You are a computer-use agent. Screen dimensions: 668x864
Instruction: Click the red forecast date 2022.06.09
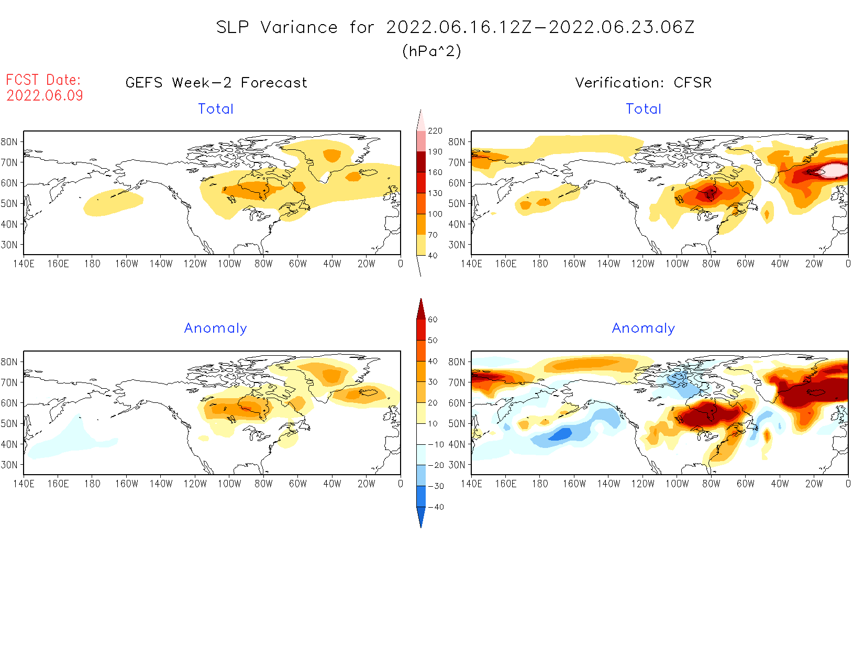point(45,95)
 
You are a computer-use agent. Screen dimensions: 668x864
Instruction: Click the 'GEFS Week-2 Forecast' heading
point(216,83)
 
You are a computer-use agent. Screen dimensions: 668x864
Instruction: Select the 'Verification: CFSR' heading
point(643,83)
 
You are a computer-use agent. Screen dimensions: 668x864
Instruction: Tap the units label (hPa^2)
point(431,51)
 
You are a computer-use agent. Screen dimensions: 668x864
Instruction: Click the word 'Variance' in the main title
point(299,27)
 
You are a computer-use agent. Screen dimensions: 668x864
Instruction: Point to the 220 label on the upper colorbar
point(435,130)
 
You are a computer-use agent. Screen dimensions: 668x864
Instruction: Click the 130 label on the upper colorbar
point(435,193)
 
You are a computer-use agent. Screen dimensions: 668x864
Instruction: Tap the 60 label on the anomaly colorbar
point(433,319)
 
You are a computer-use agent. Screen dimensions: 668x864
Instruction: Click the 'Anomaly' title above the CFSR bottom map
point(643,328)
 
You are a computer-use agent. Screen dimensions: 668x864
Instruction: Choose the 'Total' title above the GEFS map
point(215,109)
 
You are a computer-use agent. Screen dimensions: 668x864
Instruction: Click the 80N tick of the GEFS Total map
point(9,141)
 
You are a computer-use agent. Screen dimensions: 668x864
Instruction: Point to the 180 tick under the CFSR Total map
point(540,264)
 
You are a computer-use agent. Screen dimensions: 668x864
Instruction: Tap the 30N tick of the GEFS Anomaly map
point(9,465)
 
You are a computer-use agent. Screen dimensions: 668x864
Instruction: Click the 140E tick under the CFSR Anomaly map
point(471,484)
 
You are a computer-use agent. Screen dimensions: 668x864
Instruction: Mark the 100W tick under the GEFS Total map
point(229,264)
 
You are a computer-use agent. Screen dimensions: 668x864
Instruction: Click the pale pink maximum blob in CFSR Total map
point(834,170)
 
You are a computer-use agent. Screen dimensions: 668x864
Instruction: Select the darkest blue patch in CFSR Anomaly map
point(561,434)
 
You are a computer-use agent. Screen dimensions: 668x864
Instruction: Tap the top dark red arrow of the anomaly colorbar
point(421,309)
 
